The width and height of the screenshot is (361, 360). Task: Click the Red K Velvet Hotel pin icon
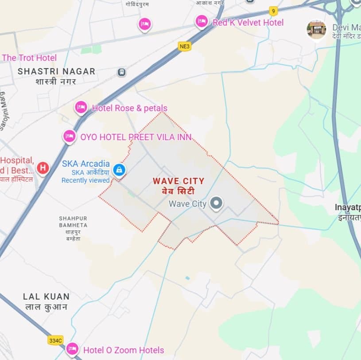202,21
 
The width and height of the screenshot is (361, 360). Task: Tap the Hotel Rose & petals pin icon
81,107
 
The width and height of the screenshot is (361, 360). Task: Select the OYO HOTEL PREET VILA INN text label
136,137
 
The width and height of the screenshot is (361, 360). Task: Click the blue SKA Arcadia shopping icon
119,169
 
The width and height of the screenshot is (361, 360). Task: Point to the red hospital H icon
43,168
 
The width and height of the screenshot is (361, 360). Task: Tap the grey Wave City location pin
216,203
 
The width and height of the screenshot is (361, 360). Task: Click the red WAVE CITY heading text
179,181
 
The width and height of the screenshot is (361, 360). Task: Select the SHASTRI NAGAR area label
56,71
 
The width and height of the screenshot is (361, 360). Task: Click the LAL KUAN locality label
47,297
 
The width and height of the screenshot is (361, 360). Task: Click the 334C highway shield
56,340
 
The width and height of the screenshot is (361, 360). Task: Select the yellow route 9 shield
273,11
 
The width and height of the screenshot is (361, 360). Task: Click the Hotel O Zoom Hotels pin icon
72,349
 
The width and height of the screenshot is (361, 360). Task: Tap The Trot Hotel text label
29,58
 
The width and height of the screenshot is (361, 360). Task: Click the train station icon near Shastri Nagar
121,72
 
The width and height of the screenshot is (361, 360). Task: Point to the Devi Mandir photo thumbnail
316,30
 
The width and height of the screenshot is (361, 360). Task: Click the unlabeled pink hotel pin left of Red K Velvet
144,24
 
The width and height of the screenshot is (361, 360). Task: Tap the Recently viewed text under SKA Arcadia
85,180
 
